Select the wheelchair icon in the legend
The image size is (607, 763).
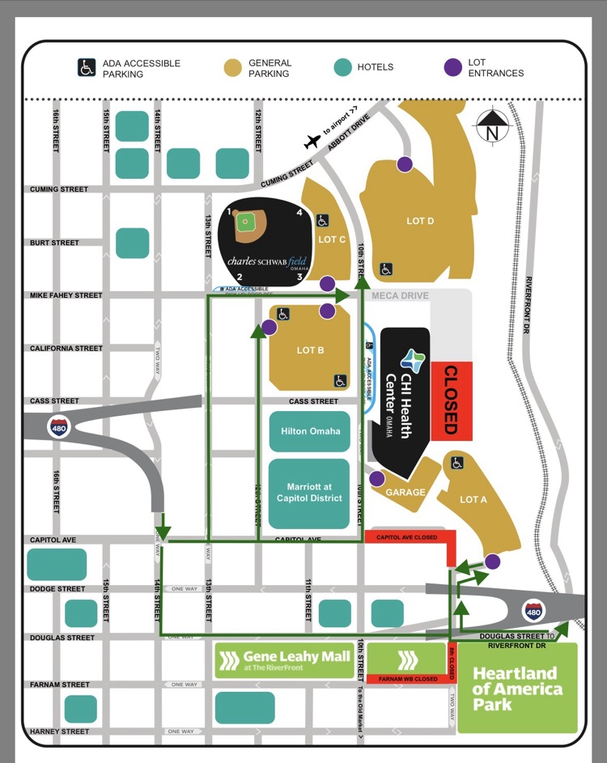point(87,68)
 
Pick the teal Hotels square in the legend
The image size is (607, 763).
point(345,68)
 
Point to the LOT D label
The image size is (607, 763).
point(420,221)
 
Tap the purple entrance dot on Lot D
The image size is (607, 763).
point(405,164)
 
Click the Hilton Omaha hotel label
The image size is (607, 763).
point(310,431)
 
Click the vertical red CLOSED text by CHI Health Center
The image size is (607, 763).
point(451,400)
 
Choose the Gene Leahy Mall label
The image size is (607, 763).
point(286,660)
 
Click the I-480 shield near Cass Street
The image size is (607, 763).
point(58,426)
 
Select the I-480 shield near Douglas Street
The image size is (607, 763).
point(533,611)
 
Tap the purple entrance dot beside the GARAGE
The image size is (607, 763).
point(376,479)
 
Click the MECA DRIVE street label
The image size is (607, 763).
point(398,296)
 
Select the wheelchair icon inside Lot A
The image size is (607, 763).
point(457,464)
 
